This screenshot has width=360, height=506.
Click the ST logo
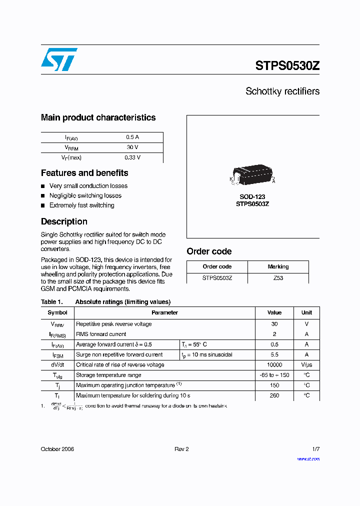(x=59, y=59)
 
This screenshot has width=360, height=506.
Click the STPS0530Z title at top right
(x=287, y=66)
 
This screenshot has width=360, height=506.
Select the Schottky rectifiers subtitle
(x=282, y=91)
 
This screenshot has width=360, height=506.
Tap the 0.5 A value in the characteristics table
(x=132, y=137)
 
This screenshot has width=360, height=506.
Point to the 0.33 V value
(x=132, y=157)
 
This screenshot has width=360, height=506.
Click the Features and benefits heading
(x=84, y=173)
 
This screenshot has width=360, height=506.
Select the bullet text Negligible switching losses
(x=85, y=195)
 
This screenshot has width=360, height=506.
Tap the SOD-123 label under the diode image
(x=252, y=197)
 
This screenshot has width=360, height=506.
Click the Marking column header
(x=278, y=266)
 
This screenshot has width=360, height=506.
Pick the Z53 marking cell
(x=278, y=278)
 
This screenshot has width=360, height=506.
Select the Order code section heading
(x=209, y=251)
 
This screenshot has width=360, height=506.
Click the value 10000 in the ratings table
(x=274, y=365)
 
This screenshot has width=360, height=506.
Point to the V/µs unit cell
(x=306, y=365)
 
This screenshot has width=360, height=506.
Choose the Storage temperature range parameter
(x=108, y=375)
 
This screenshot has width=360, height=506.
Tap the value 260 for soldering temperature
(x=274, y=395)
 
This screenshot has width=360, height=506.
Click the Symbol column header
(x=57, y=312)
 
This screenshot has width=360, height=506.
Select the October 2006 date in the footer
(x=57, y=449)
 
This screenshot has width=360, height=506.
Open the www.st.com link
(x=308, y=458)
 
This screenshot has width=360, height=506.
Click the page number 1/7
(x=315, y=449)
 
